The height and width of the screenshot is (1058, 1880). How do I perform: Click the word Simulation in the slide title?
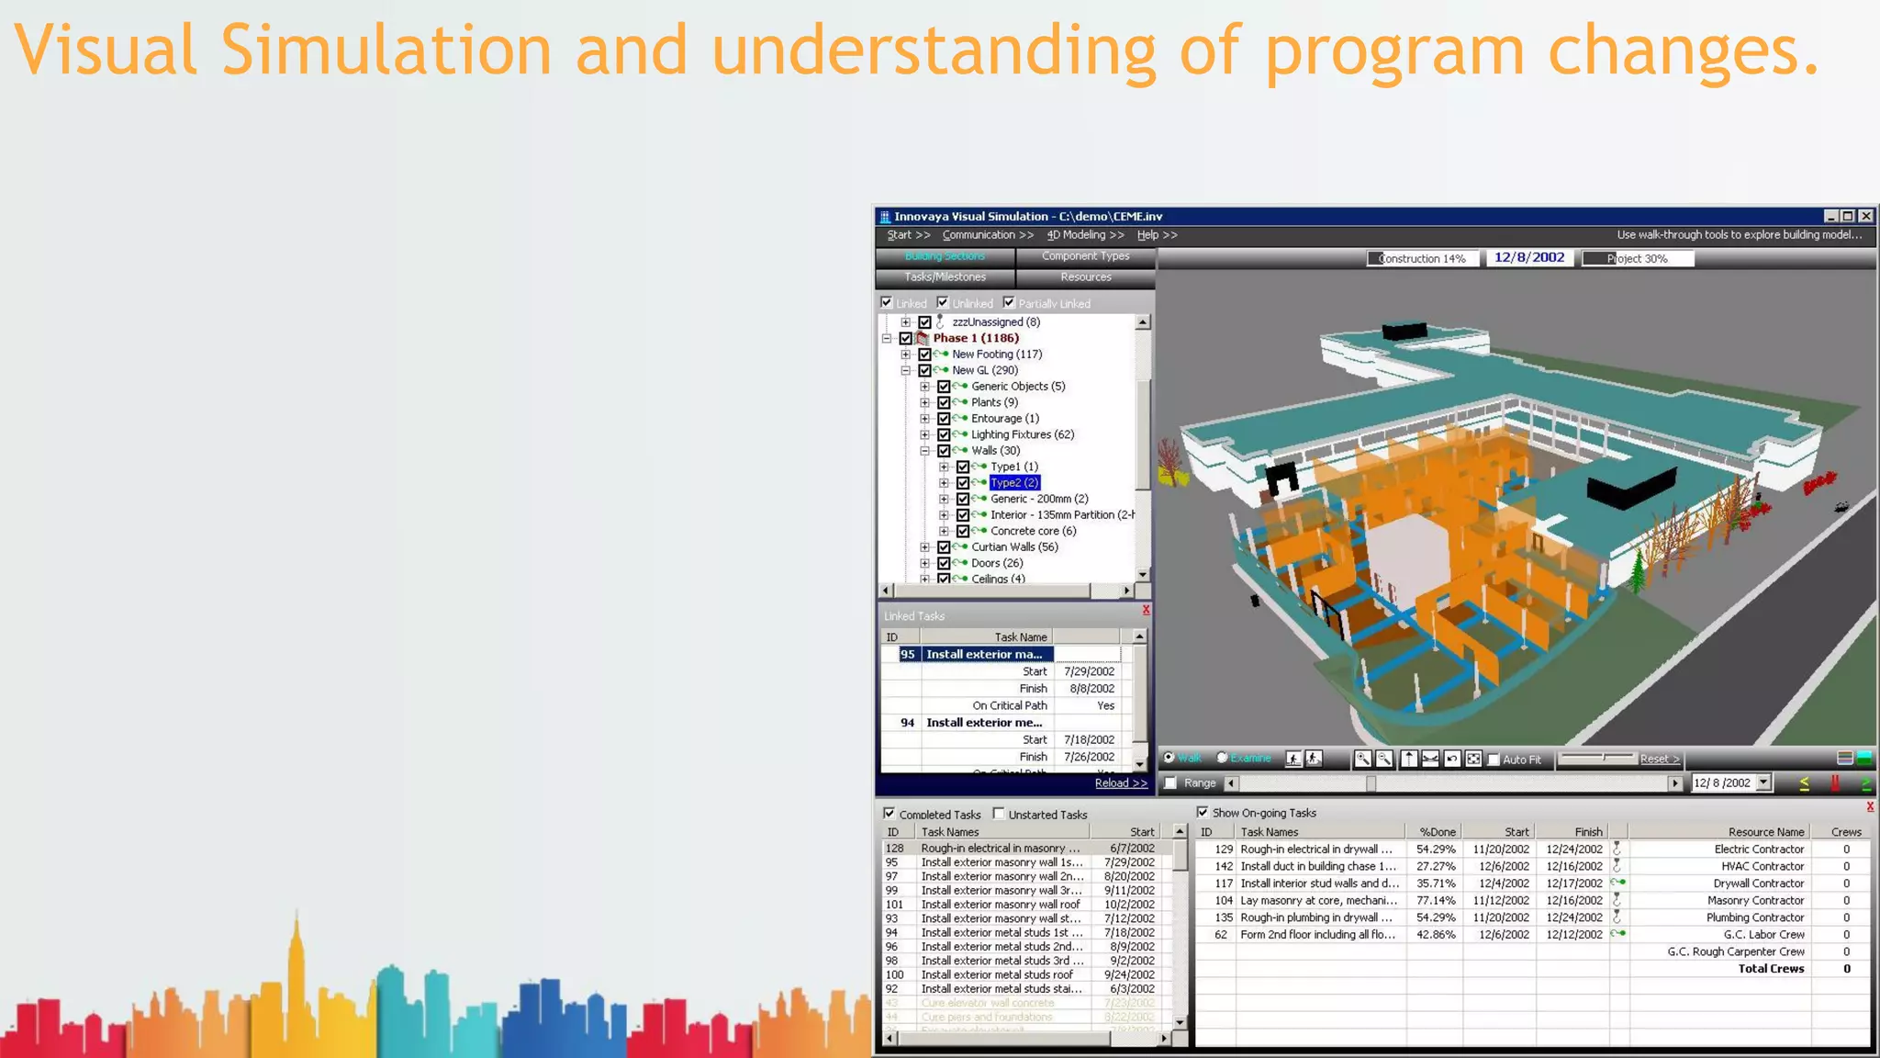(386, 50)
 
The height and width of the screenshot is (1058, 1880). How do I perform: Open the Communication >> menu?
(987, 235)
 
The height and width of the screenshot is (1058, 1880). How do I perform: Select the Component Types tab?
(1085, 256)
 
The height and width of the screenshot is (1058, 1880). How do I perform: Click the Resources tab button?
(1085, 277)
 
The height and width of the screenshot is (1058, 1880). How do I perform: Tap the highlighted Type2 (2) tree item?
(1014, 483)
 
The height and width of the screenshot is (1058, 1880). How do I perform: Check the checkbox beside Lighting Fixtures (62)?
(944, 434)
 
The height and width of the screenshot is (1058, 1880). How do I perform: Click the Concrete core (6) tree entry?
(1033, 531)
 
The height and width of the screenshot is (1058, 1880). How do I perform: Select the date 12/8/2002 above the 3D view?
(1528, 258)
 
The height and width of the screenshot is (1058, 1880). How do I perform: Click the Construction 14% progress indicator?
(1422, 259)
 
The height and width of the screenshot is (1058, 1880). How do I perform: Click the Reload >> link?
(1120, 783)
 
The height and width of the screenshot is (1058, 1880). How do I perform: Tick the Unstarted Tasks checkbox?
(999, 814)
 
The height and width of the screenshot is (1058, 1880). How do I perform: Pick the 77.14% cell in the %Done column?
(1436, 901)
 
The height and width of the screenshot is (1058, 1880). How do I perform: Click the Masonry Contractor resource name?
(1755, 901)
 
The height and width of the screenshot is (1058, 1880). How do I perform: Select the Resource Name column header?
(1765, 832)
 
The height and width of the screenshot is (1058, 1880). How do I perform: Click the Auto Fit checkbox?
(1494, 760)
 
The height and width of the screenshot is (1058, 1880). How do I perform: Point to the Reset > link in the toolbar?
(1659, 760)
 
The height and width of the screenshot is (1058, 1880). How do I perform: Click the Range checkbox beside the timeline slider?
(1170, 783)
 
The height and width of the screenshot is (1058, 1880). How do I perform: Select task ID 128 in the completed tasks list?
(895, 849)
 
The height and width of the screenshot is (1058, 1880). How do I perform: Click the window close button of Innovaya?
(1866, 216)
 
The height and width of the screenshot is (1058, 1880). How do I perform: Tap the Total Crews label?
(1771, 969)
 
